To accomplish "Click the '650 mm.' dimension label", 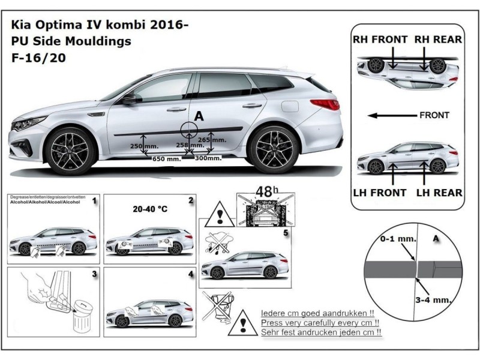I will pyautogui.click(x=166, y=159).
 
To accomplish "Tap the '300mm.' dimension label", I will pyautogui.click(x=208, y=158).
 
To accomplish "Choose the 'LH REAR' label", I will pyautogui.click(x=439, y=193).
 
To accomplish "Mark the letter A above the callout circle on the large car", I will pyautogui.click(x=197, y=114).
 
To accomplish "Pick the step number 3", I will pyautogui.click(x=94, y=275).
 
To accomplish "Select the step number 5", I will pyautogui.click(x=286, y=232).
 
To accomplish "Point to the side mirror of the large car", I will pyautogui.click(x=128, y=100).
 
